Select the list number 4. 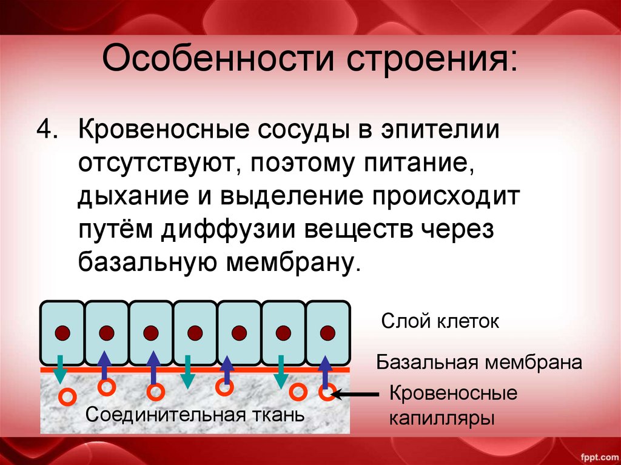pos(47,130)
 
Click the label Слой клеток pos(440,321)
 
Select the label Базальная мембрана pos(479,363)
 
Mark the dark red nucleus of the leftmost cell pos(62,333)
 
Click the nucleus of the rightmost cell pos(327,333)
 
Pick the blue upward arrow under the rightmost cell pos(326,371)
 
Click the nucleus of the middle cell pos(195,333)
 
